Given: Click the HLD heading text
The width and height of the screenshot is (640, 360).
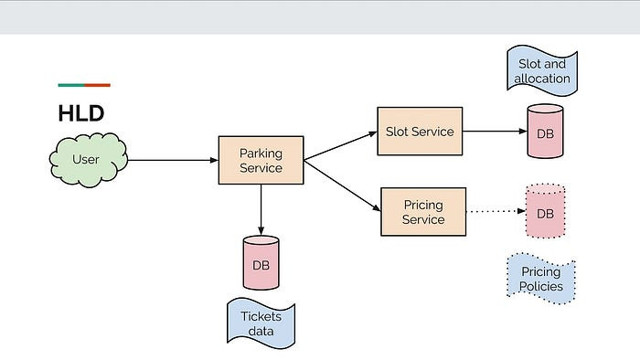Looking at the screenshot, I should click(80, 113).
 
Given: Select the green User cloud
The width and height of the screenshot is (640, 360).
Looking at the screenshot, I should click(87, 160).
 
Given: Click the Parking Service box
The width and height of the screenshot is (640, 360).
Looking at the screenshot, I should click(261, 160).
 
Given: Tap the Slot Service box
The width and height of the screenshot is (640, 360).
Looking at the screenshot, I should click(420, 131).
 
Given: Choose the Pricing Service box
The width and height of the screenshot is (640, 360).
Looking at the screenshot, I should click(422, 212).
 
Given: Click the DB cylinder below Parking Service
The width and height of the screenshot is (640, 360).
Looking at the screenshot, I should click(261, 262).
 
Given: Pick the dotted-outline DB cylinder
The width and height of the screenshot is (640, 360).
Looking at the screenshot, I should click(545, 212).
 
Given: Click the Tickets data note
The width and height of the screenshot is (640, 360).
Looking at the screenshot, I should click(261, 323).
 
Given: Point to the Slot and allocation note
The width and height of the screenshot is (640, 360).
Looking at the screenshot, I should click(542, 70).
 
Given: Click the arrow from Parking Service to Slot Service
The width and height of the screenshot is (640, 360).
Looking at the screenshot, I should click(339, 145).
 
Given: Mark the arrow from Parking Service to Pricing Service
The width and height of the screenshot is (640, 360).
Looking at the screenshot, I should click(341, 185).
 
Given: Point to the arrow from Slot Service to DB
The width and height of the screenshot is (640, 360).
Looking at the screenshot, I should click(494, 131).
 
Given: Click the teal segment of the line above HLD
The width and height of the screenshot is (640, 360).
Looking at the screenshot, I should click(70, 85).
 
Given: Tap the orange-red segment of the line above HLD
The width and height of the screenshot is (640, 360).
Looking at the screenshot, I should click(97, 85).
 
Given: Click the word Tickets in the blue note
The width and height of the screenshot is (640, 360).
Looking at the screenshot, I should click(261, 316).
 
